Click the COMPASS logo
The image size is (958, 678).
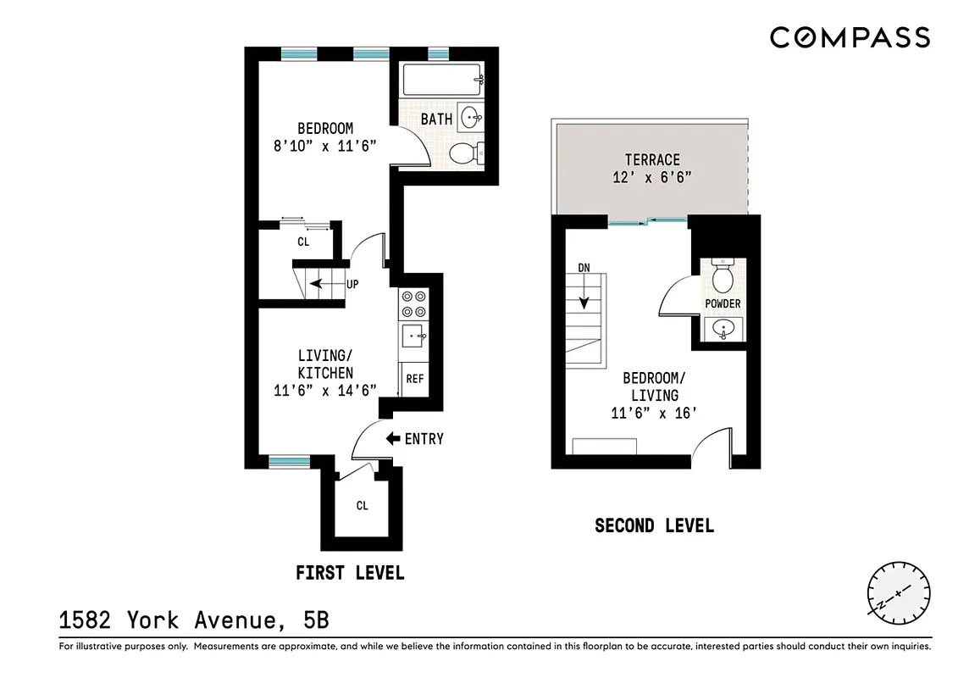click(x=850, y=38)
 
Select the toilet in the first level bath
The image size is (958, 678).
click(x=465, y=153)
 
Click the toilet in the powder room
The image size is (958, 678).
click(x=723, y=276)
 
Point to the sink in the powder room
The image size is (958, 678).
click(x=723, y=329)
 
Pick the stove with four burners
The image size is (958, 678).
click(x=414, y=303)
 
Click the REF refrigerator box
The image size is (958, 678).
click(x=414, y=379)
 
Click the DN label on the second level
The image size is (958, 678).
click(x=584, y=268)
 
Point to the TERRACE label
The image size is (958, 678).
click(x=652, y=159)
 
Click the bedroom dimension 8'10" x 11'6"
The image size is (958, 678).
click(x=324, y=146)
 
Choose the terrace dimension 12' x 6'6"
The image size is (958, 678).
click(x=652, y=178)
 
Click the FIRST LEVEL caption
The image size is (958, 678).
click(x=350, y=573)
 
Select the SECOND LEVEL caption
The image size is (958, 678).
click(x=654, y=525)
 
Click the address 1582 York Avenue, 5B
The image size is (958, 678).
click(x=194, y=620)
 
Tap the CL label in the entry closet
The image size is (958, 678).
click(x=362, y=506)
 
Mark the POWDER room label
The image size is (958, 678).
click(x=723, y=303)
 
